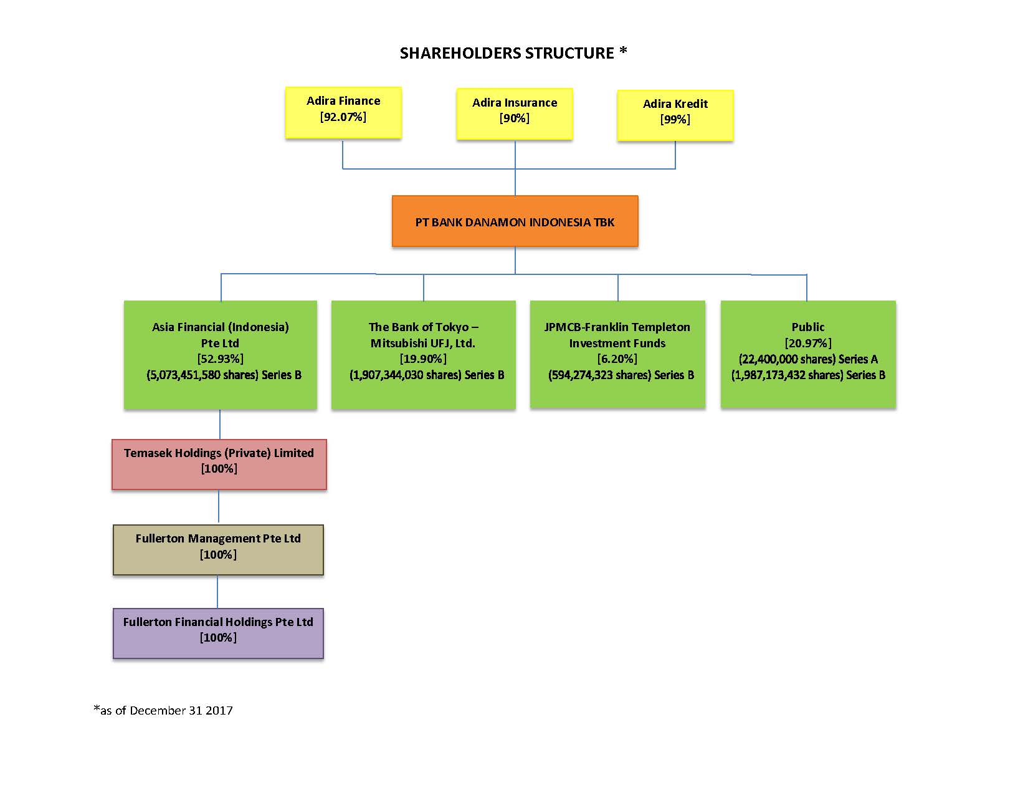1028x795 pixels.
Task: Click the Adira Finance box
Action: [343, 112]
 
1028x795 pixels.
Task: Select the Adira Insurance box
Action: [514, 113]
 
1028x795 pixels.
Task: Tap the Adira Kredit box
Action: [675, 115]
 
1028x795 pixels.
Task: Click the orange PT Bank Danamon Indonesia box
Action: [515, 221]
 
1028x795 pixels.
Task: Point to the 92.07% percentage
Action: [343, 117]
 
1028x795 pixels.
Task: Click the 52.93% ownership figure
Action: [220, 359]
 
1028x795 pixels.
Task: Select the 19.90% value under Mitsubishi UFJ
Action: [423, 359]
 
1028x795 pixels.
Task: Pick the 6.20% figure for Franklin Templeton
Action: [617, 359]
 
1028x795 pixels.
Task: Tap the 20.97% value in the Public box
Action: [808, 343]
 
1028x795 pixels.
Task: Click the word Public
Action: [808, 327]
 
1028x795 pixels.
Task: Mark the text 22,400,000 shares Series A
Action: [808, 359]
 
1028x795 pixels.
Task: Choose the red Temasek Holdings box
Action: [219, 465]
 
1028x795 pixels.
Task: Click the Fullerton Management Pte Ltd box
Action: [218, 550]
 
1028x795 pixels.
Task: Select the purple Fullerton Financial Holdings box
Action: [218, 633]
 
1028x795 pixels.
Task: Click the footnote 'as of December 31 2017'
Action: [163, 710]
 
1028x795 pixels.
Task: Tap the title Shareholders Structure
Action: [513, 52]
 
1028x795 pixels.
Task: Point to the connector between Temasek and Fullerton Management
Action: [219, 507]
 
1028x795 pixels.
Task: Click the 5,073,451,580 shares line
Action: [224, 375]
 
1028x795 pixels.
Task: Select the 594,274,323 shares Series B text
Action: [621, 375]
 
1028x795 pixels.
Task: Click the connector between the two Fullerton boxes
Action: [217, 591]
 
